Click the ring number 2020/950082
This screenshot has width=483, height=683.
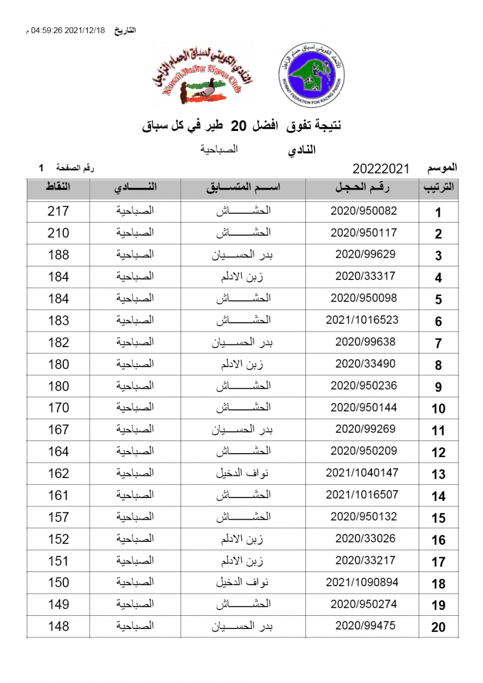coord(363,211)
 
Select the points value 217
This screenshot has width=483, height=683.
coord(58,211)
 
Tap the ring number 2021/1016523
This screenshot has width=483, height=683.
coord(362,320)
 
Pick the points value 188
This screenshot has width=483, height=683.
coord(58,254)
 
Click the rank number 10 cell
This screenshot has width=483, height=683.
coord(438,409)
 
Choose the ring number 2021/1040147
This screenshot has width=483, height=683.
coord(362,472)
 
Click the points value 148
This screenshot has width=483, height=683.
coord(58,626)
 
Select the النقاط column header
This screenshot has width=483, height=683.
coord(58,187)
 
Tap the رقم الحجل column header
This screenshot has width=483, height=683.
coord(363,188)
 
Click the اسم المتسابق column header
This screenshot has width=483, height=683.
coord(243,188)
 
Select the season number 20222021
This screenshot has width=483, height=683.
coord(382,168)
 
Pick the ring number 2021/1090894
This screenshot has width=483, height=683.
coord(362,582)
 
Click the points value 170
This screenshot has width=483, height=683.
coord(58,408)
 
